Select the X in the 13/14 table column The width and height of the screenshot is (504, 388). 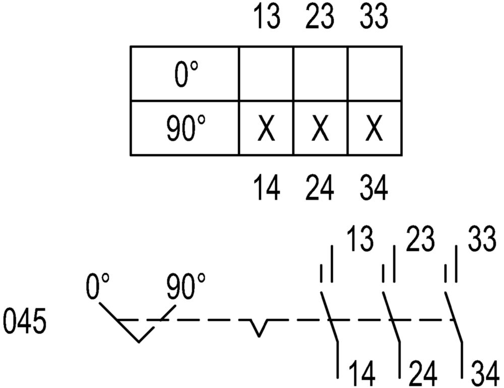[x=266, y=128]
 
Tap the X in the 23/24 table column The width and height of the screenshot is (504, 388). [x=320, y=128]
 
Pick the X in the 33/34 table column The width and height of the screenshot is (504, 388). [x=374, y=128]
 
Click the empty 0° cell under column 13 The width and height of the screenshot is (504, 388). [x=266, y=73]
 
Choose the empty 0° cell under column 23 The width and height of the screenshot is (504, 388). [x=321, y=73]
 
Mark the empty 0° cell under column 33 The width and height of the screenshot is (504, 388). [x=375, y=73]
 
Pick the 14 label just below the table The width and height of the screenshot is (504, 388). [x=267, y=188]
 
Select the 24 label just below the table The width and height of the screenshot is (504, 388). [x=320, y=188]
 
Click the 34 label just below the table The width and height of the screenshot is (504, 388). [x=374, y=188]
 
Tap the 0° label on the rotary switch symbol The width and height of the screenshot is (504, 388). [x=98, y=286]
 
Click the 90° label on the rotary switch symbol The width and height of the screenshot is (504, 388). [x=186, y=286]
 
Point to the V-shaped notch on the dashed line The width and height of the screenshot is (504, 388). [x=259, y=328]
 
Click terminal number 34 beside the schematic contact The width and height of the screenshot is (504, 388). [x=485, y=373]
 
